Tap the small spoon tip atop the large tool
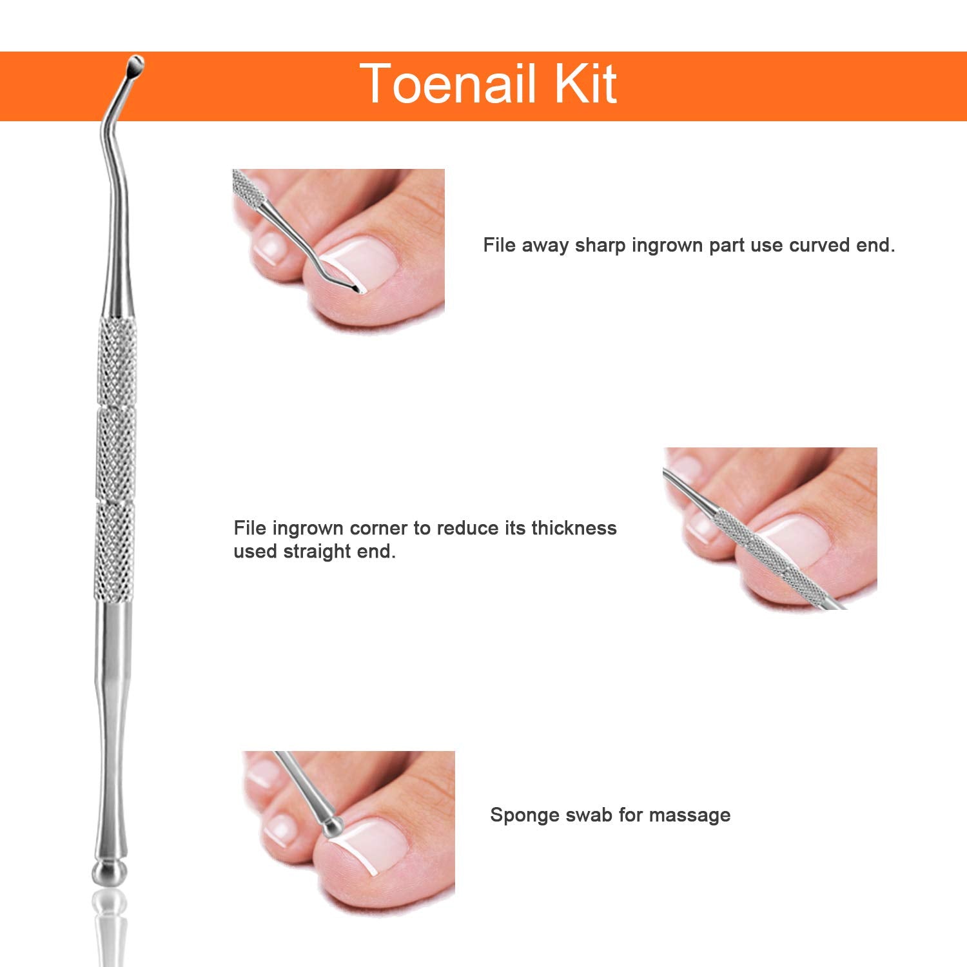coord(135,64)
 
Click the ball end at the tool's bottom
coord(110,872)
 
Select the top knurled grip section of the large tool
coord(118,362)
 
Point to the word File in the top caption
coord(498,246)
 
